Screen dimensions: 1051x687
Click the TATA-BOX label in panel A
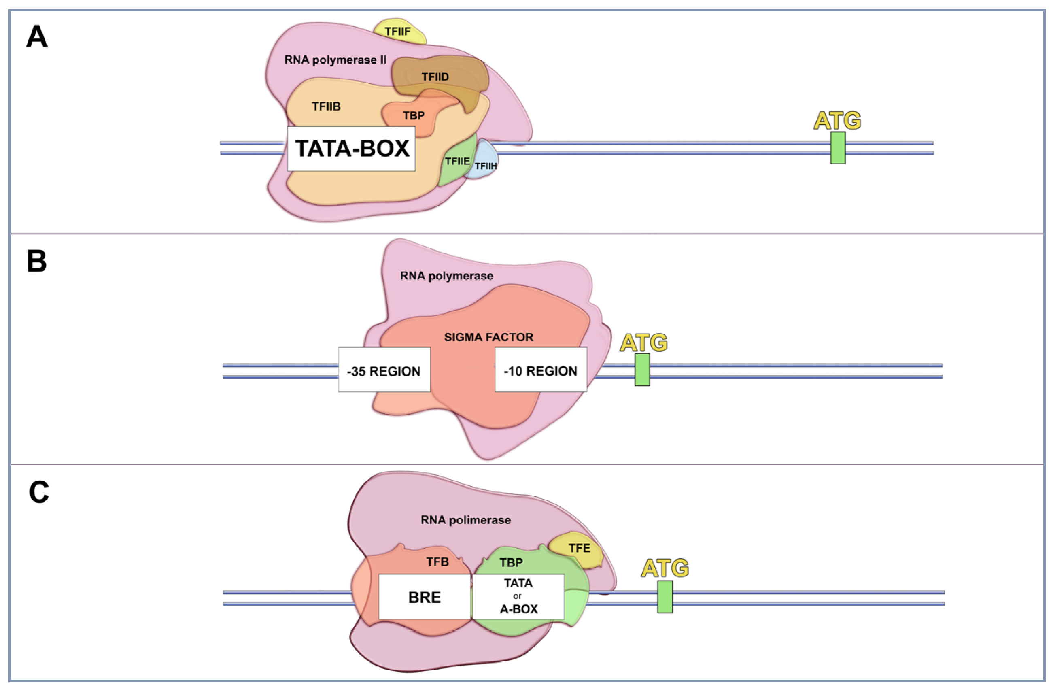352,149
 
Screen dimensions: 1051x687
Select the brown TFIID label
435,77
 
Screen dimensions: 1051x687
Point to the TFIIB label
326,106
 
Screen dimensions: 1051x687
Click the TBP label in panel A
414,116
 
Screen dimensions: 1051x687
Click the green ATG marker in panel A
838,148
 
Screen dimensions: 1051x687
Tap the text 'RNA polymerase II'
335,60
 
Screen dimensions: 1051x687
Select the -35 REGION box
384,370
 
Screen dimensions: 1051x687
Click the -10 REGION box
541,370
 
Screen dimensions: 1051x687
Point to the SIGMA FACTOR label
488,337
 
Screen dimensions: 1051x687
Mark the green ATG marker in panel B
642,370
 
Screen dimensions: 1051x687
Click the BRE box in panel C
425,596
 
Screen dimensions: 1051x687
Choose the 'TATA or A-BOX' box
518,596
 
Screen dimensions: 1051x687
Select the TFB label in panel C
437,562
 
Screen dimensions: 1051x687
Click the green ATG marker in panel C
665,597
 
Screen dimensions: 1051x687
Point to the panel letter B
37,261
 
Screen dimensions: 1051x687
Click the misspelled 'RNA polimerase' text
465,520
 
